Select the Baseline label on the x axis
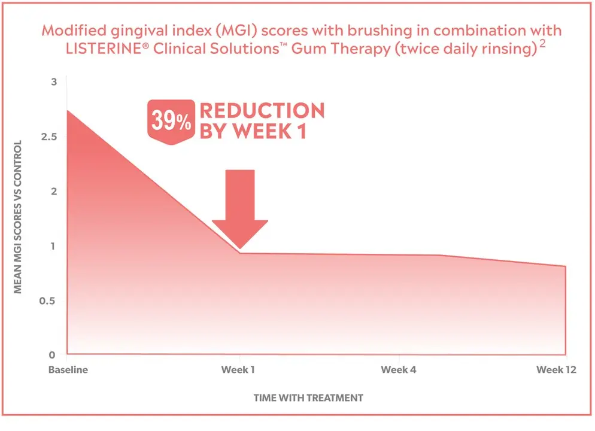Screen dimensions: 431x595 pyautogui.click(x=68, y=370)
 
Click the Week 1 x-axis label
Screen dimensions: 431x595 pyautogui.click(x=238, y=370)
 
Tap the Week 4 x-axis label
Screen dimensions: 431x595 pyautogui.click(x=398, y=370)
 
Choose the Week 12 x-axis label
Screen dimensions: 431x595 pyautogui.click(x=556, y=370)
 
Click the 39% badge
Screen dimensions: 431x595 pyautogui.click(x=171, y=122)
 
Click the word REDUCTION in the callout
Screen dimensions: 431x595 pyautogui.click(x=262, y=111)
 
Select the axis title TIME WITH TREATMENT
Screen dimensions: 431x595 pyautogui.click(x=308, y=397)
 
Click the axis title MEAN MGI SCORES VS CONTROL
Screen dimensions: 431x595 pyautogui.click(x=18, y=217)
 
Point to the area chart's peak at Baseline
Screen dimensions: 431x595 pyautogui.click(x=68, y=110)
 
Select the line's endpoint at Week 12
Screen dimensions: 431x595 pyautogui.click(x=565, y=266)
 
